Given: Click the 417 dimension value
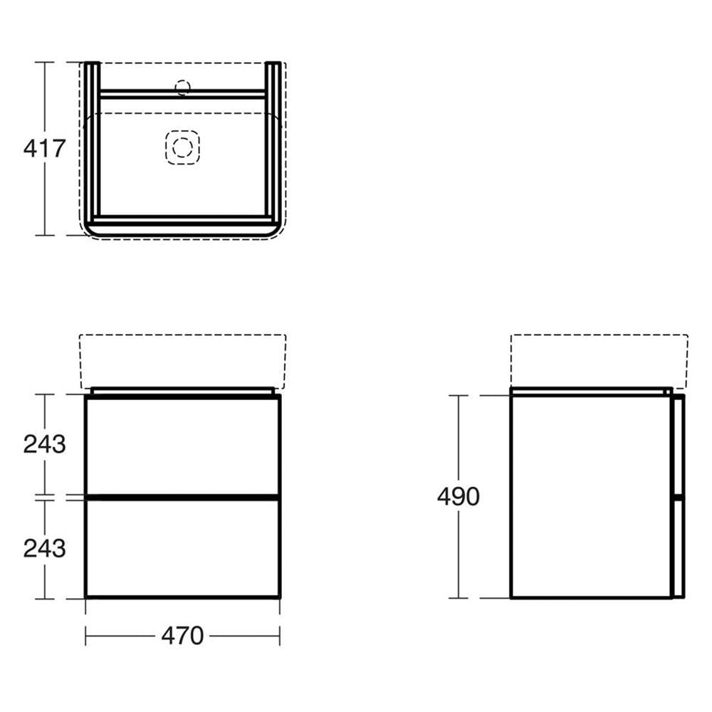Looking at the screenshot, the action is [x=44, y=149].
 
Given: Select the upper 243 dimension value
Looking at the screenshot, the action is [x=44, y=444].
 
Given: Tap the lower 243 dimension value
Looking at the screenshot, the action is [x=44, y=548].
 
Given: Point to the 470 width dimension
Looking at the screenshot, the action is [x=182, y=636].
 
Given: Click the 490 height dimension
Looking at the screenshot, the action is [x=458, y=496].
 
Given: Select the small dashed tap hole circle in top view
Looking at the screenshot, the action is [x=182, y=88].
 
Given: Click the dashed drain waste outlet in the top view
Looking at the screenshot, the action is [x=182, y=147].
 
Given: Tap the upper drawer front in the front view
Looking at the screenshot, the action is [x=182, y=445].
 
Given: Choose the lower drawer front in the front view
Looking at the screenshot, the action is [x=182, y=548].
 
